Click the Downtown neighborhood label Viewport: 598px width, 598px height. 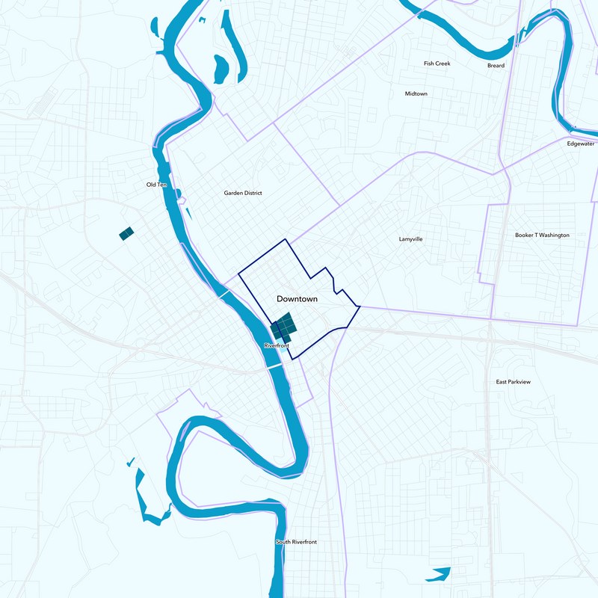297,299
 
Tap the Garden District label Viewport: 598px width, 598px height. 243,193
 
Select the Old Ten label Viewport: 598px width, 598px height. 157,185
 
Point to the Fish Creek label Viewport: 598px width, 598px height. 437,64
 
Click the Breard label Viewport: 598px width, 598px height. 496,66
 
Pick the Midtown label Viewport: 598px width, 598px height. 416,94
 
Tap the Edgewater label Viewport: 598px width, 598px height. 580,144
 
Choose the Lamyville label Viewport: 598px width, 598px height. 411,239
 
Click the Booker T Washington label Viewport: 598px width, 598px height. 542,235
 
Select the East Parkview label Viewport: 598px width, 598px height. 513,382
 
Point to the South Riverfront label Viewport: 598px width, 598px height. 296,542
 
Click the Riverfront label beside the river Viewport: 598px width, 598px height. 277,346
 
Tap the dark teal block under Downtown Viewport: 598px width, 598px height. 284,327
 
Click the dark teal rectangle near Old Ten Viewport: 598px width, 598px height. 126,234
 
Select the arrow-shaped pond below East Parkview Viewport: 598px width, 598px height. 440,574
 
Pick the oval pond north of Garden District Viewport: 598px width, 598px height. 221,70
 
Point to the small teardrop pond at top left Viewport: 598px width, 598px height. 155,28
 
